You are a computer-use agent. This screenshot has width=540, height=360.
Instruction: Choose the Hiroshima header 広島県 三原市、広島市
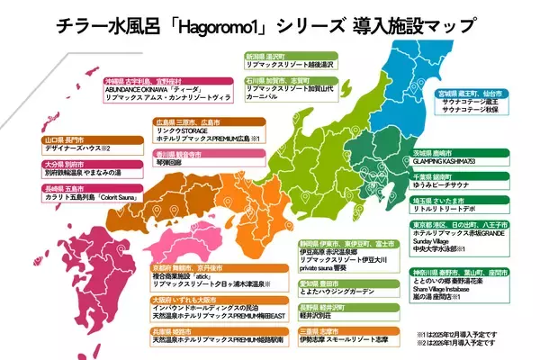[193, 121]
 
